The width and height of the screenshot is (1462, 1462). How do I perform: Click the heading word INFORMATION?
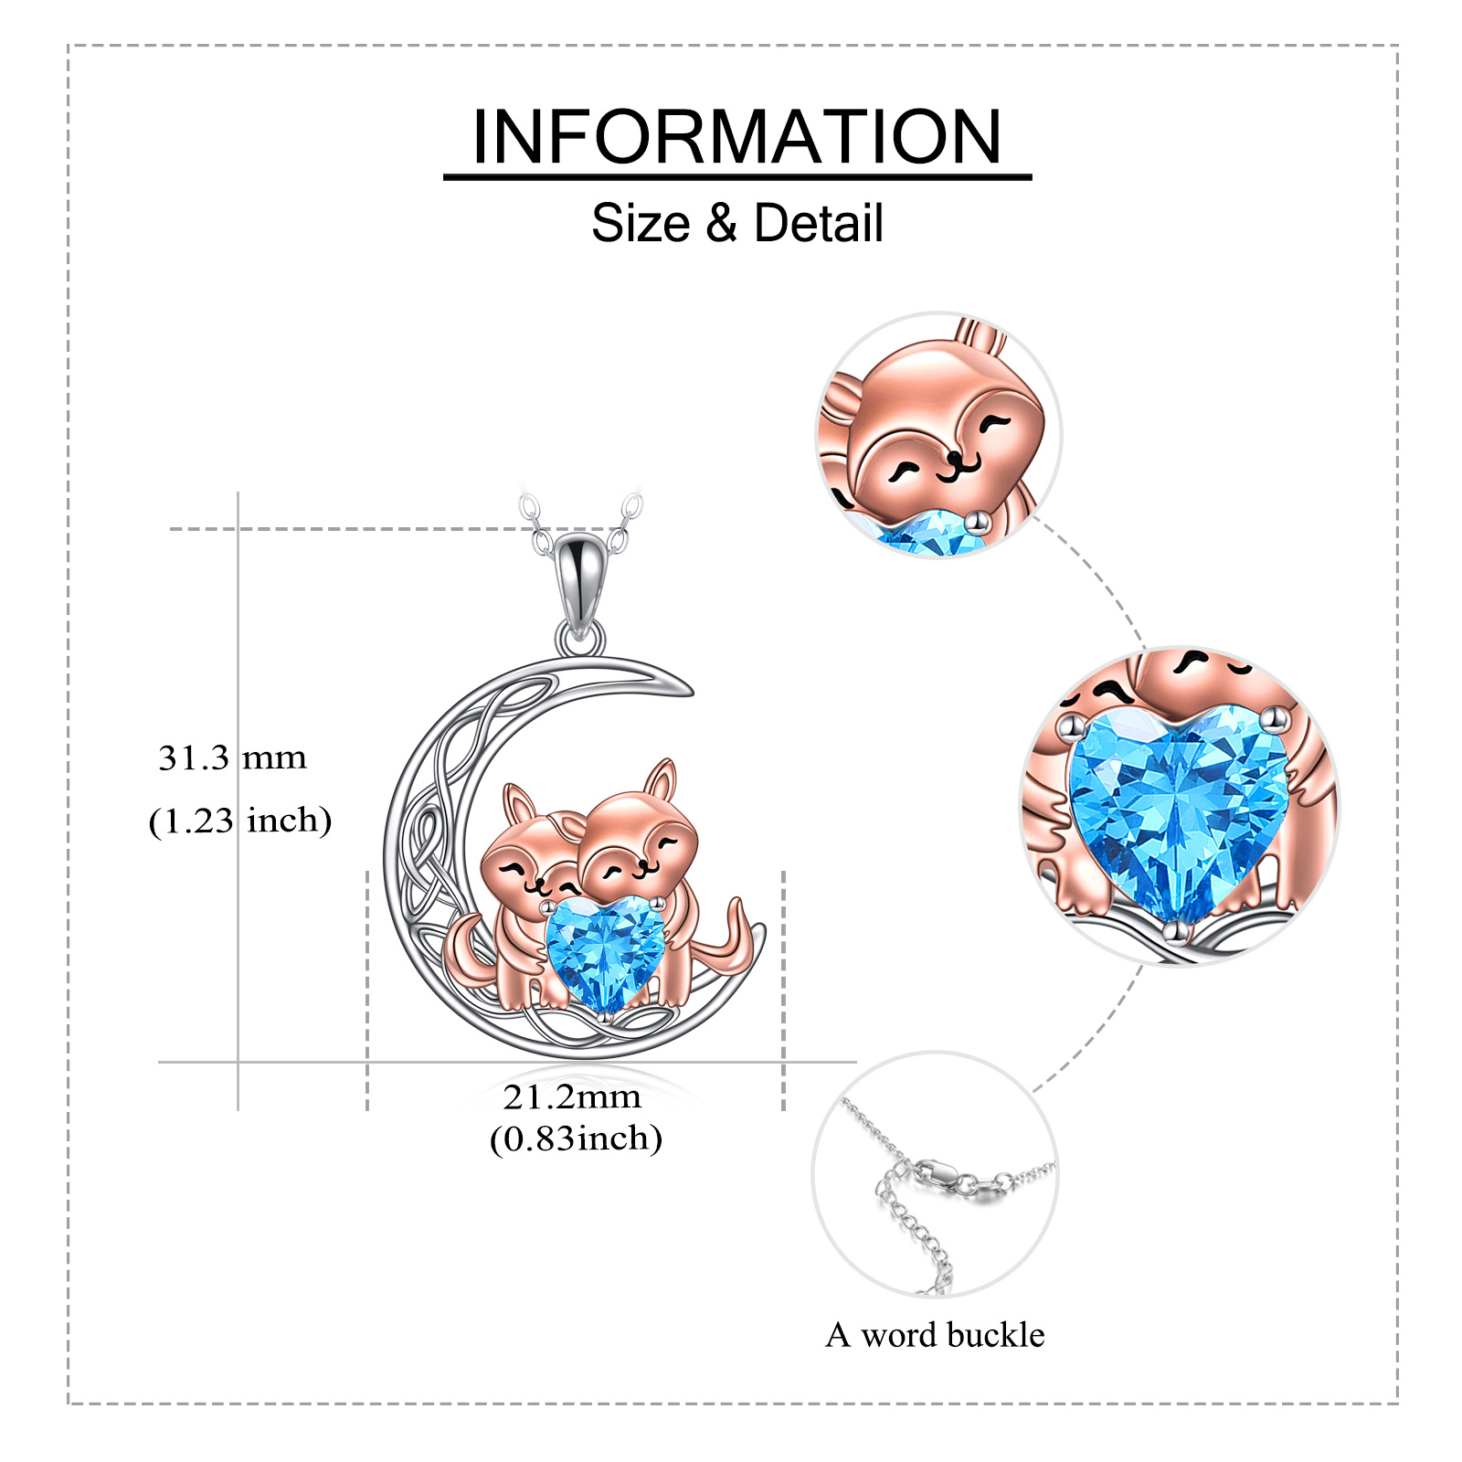pyautogui.click(x=736, y=137)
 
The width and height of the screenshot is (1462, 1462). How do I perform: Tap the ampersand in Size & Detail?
pyautogui.click(x=721, y=223)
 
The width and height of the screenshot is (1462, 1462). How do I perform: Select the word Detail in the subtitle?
pyautogui.click(x=819, y=223)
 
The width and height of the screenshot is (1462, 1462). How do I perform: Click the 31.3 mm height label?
pyautogui.click(x=232, y=757)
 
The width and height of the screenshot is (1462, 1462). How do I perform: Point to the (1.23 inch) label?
pyautogui.click(x=239, y=821)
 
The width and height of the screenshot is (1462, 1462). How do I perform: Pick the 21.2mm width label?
pyautogui.click(x=572, y=1096)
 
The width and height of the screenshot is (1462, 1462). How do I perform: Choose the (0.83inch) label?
pyautogui.click(x=576, y=1139)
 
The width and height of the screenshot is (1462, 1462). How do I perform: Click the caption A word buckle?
pyautogui.click(x=935, y=1335)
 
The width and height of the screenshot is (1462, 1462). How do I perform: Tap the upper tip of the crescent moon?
pyautogui.click(x=687, y=690)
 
